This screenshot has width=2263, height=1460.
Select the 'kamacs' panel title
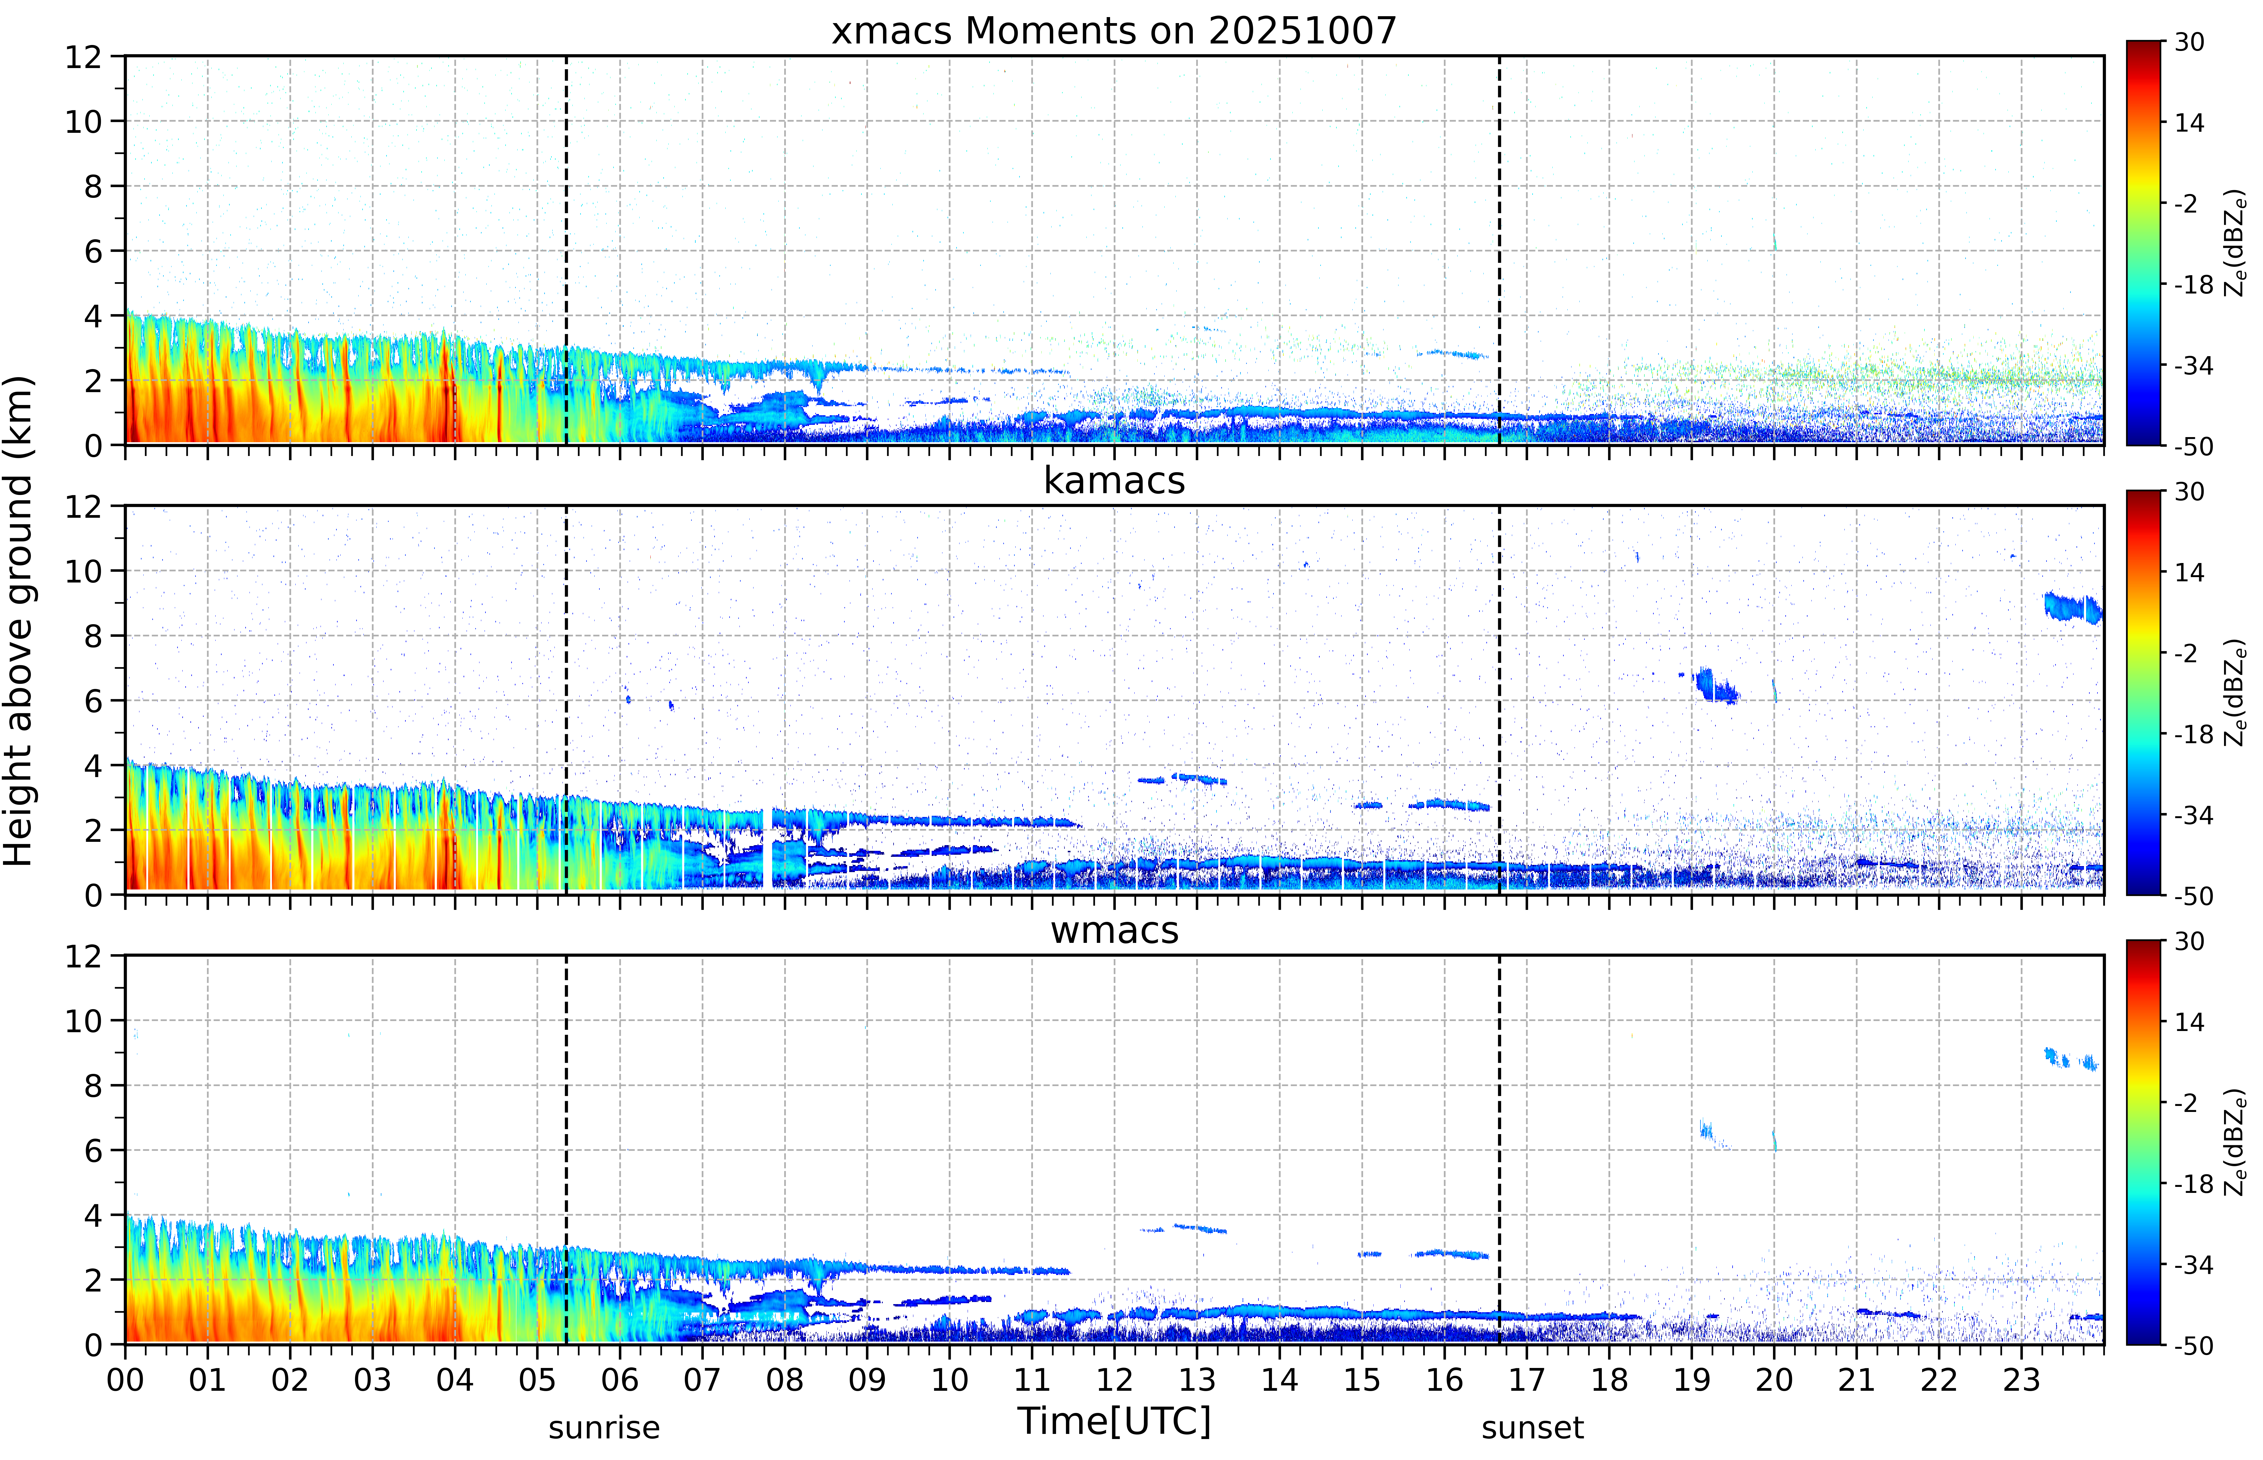coord(1114,481)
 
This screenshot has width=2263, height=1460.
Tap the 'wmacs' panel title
coord(1114,930)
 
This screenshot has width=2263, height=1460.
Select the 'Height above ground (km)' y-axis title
coord(19,621)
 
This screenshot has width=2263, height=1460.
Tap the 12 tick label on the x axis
coord(1114,1379)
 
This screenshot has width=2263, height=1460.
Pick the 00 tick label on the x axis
coord(125,1379)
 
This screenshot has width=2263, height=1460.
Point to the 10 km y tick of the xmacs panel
coord(83,121)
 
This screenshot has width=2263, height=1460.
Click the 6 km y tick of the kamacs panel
coord(93,701)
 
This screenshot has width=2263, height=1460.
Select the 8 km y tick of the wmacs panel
coord(93,1086)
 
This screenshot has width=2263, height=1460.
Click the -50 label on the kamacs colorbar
coord(2194,896)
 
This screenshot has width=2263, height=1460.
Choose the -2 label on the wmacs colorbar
coord(2185,1103)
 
